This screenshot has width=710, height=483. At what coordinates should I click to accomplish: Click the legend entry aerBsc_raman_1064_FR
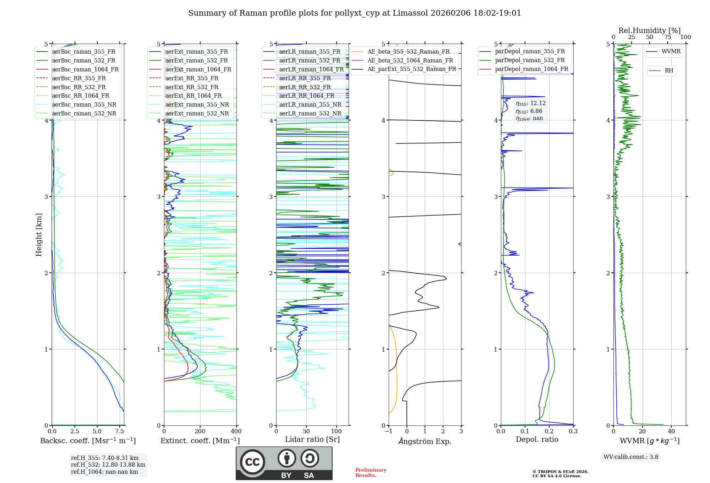point(85,70)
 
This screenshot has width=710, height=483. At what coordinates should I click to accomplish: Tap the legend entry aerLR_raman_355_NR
point(310,105)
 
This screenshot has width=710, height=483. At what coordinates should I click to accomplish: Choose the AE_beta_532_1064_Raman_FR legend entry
point(410,61)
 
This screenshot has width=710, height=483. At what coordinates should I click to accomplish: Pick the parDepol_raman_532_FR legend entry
point(530,60)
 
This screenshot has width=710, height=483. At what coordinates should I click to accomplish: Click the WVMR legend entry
point(671,51)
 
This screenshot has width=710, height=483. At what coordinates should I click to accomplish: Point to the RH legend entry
point(669,71)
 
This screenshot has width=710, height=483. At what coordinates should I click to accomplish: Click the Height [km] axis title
point(39,235)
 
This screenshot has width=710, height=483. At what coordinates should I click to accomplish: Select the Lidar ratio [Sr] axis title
point(312,440)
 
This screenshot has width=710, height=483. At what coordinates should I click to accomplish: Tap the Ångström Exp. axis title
point(425,441)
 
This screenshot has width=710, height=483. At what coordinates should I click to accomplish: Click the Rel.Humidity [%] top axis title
point(649,31)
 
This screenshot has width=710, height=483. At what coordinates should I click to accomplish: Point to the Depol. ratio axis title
point(537,440)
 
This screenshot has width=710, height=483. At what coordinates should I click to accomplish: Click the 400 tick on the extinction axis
point(236,432)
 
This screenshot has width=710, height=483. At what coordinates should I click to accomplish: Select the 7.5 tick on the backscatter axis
point(120,432)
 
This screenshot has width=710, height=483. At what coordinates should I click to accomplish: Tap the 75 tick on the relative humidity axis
point(668,37)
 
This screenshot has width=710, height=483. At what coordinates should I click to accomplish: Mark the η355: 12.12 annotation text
point(531,103)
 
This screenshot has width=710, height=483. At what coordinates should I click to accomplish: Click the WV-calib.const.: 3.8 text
point(631,457)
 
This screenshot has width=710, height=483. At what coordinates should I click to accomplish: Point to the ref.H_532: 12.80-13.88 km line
point(108,465)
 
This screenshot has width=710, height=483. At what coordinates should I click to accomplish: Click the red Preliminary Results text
point(371,473)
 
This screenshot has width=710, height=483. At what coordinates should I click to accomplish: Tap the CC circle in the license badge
point(252,462)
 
